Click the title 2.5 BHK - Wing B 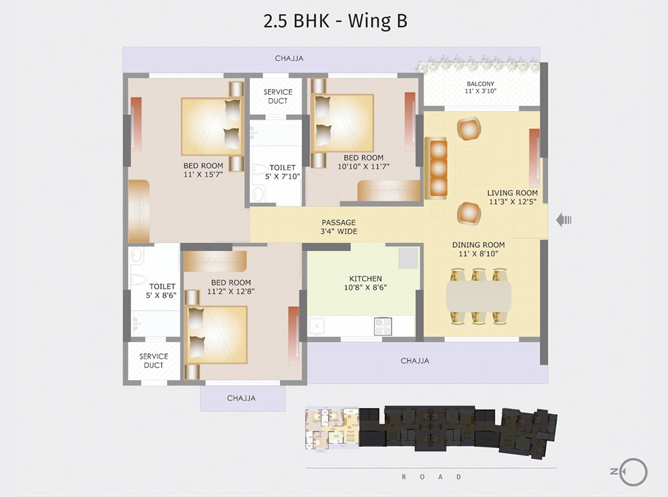335,21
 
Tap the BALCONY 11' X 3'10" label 481,88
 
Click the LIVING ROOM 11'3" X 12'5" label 512,197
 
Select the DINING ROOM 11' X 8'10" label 478,249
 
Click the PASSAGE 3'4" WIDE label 339,227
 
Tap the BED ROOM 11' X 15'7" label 203,170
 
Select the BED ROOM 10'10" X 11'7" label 363,162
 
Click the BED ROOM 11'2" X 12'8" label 231,287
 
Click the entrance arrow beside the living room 564,220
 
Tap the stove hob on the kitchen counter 383,325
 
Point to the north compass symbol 631,472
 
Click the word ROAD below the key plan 431,477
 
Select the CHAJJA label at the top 289,59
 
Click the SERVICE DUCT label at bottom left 154,361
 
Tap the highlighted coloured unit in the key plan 332,428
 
